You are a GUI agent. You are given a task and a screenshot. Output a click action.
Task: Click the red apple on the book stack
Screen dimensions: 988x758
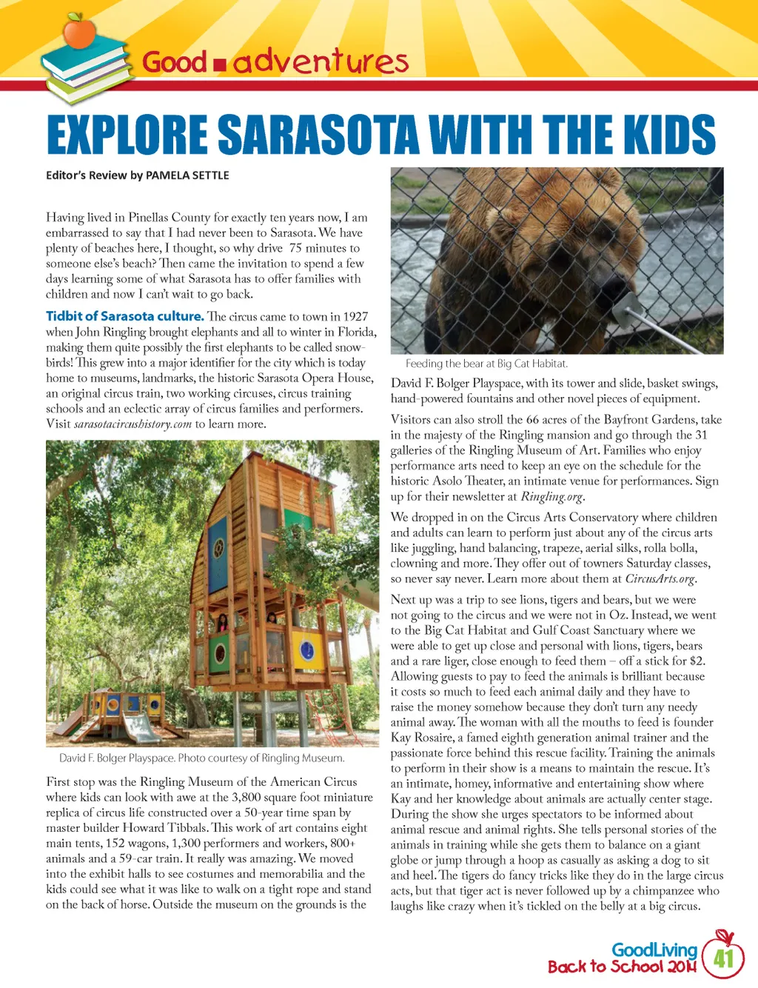(x=79, y=30)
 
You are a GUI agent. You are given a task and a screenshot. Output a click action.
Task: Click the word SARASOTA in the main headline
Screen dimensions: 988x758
(x=320, y=135)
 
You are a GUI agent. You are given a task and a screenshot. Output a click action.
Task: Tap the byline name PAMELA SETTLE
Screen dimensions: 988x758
(x=187, y=176)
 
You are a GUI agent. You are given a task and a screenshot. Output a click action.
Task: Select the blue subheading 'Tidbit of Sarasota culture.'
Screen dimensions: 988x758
(x=124, y=316)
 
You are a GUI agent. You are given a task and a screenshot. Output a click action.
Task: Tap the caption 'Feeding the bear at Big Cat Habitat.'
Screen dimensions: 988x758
(x=486, y=364)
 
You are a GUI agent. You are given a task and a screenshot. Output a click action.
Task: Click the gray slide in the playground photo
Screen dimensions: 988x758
(x=141, y=727)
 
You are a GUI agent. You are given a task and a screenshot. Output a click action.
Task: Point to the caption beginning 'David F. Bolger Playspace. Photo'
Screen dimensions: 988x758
(x=201, y=758)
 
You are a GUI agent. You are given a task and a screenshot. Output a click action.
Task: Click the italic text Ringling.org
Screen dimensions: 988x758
(x=552, y=496)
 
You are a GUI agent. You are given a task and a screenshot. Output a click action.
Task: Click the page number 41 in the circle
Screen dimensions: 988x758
(x=723, y=958)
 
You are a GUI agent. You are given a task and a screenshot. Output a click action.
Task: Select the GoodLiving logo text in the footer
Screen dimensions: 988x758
(x=654, y=949)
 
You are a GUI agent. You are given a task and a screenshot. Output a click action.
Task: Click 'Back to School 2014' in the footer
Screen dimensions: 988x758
(x=621, y=967)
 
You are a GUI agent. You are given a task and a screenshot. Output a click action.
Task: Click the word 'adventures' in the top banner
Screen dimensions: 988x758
(x=321, y=61)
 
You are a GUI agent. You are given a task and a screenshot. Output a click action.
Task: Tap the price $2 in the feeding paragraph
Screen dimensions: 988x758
(x=696, y=661)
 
